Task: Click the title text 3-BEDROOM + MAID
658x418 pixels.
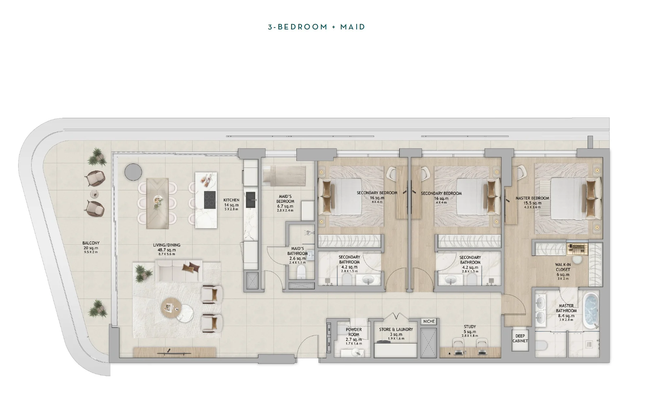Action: point(316,27)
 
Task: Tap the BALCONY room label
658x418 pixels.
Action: point(91,247)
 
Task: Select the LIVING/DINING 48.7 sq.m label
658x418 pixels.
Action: point(166,249)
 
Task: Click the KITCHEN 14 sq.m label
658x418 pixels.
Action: point(231,204)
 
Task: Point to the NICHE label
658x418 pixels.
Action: point(429,322)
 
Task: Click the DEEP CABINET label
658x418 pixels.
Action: point(520,339)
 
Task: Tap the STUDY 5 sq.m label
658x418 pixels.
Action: point(470,331)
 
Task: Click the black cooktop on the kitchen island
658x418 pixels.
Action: point(210,200)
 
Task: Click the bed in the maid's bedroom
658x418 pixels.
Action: point(284,176)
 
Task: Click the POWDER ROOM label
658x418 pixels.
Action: point(354,335)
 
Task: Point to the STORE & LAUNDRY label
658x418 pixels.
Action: point(396,332)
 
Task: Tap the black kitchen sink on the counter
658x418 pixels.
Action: point(251,200)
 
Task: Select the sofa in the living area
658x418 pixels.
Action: point(179,271)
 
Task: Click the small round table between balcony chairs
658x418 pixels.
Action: point(95,194)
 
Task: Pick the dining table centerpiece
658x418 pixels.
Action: point(158,201)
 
